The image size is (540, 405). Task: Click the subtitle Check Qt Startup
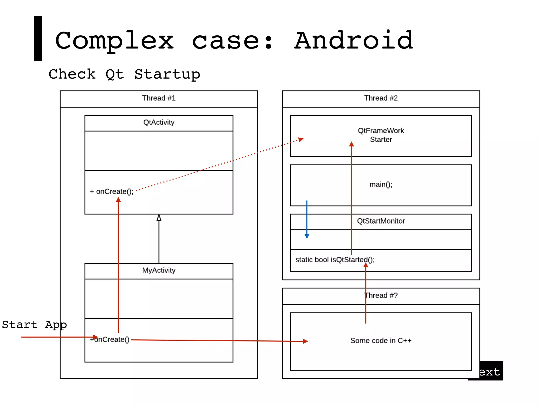[x=124, y=74]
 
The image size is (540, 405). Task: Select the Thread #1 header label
[x=159, y=98]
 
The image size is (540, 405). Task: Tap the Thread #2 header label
[x=381, y=98]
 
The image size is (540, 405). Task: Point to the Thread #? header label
[x=381, y=295]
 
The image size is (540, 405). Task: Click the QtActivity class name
[x=159, y=122]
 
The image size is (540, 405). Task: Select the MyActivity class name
[x=159, y=270]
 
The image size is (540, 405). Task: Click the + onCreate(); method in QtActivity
[x=112, y=191]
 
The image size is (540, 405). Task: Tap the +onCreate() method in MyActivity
[x=110, y=339]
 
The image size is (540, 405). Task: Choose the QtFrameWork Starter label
[x=381, y=135]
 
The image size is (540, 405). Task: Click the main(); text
[x=381, y=185]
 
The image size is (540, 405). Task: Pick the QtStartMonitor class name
[x=381, y=221]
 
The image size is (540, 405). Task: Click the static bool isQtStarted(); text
[x=335, y=260]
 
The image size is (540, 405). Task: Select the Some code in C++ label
[x=381, y=341]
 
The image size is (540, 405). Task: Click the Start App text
[x=34, y=325]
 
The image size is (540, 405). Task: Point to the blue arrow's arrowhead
[x=307, y=236]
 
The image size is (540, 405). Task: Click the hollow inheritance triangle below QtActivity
[x=159, y=218]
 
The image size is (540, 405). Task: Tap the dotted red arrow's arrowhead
[x=301, y=139]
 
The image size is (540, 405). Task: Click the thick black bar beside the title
[x=38, y=38]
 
